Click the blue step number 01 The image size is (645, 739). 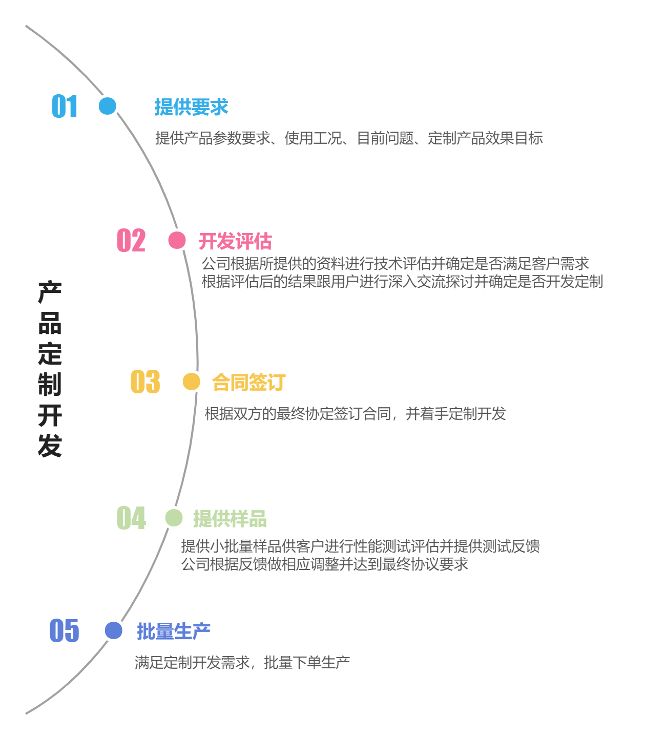coord(65,107)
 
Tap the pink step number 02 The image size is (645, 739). coord(131,241)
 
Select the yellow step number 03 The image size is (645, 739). coord(145,382)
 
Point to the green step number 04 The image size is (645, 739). coord(131,518)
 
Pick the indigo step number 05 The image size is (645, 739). coord(65,630)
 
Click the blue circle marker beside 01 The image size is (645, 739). coord(108,106)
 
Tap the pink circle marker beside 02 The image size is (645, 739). coord(177,240)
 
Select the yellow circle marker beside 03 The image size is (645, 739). coord(191,382)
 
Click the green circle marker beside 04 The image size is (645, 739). coord(174,518)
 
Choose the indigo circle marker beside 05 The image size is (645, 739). coord(113,630)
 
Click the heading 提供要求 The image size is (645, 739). coord(192,107)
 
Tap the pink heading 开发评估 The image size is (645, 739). coord(235,241)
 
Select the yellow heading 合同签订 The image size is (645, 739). coord(249,383)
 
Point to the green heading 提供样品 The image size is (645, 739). coord(230,519)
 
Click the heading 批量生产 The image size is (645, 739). coord(174,631)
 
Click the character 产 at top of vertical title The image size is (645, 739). coord(50,292)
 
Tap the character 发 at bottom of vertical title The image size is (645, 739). coord(50,446)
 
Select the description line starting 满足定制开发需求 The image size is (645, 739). coord(242,663)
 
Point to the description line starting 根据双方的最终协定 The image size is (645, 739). coord(355,414)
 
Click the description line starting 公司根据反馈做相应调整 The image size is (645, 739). coord(324,564)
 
